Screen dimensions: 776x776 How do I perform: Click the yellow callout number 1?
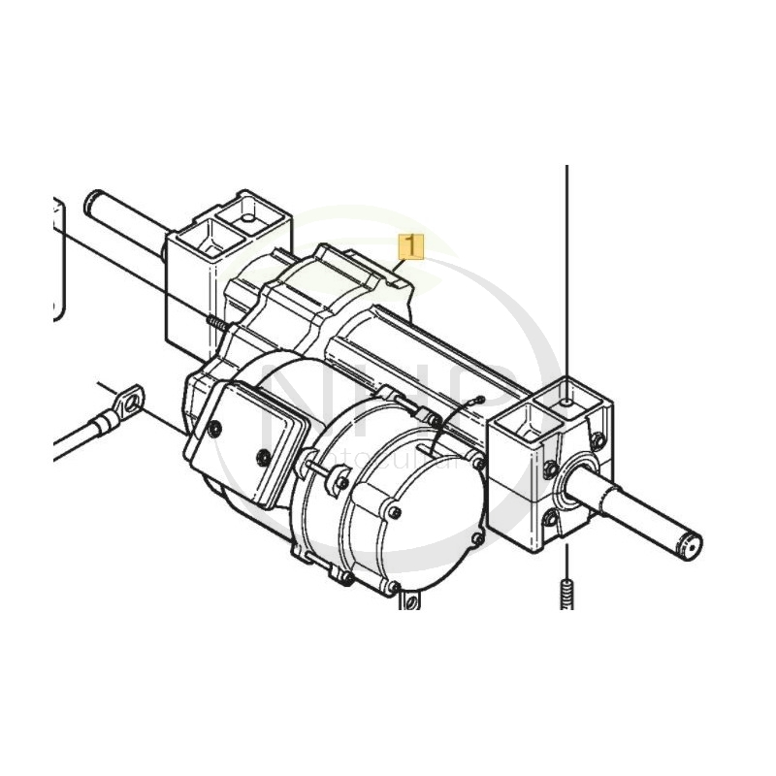point(412,248)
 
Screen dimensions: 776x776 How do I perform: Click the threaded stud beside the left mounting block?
point(214,322)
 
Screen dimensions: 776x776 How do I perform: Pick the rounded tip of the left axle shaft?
point(93,203)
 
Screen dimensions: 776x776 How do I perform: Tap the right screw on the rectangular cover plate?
point(262,455)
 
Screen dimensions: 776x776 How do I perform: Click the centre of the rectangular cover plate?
point(242,438)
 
